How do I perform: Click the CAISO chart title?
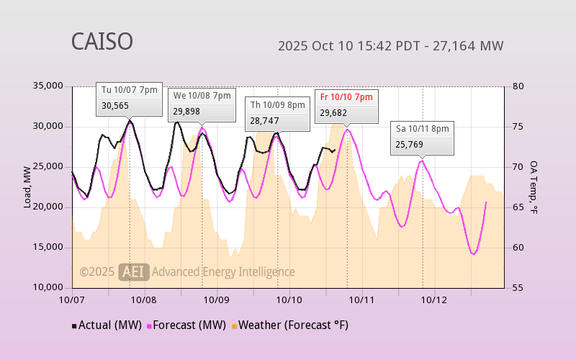(102, 42)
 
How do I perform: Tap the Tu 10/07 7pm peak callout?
(129, 98)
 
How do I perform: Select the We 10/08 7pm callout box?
(202, 103)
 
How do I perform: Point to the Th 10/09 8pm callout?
(277, 112)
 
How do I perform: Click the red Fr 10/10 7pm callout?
(346, 104)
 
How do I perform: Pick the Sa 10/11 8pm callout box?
(423, 136)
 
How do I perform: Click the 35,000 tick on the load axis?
(48, 86)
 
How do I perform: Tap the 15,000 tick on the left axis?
(48, 248)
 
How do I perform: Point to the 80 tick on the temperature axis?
(518, 86)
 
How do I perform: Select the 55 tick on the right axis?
(518, 288)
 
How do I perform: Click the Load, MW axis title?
(27, 187)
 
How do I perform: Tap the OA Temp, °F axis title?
(534, 187)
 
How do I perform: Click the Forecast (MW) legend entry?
(189, 325)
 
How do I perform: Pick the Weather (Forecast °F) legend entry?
(290, 325)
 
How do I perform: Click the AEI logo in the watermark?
(134, 271)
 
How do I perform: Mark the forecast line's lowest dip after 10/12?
(473, 254)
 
